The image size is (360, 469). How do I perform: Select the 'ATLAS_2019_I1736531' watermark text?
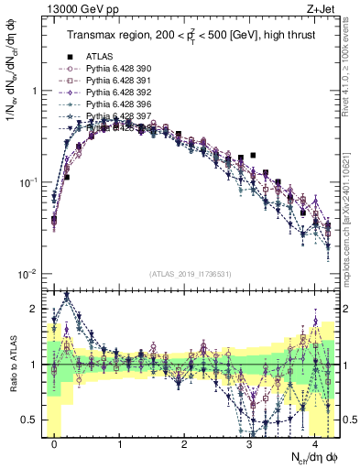[x=191, y=274]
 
